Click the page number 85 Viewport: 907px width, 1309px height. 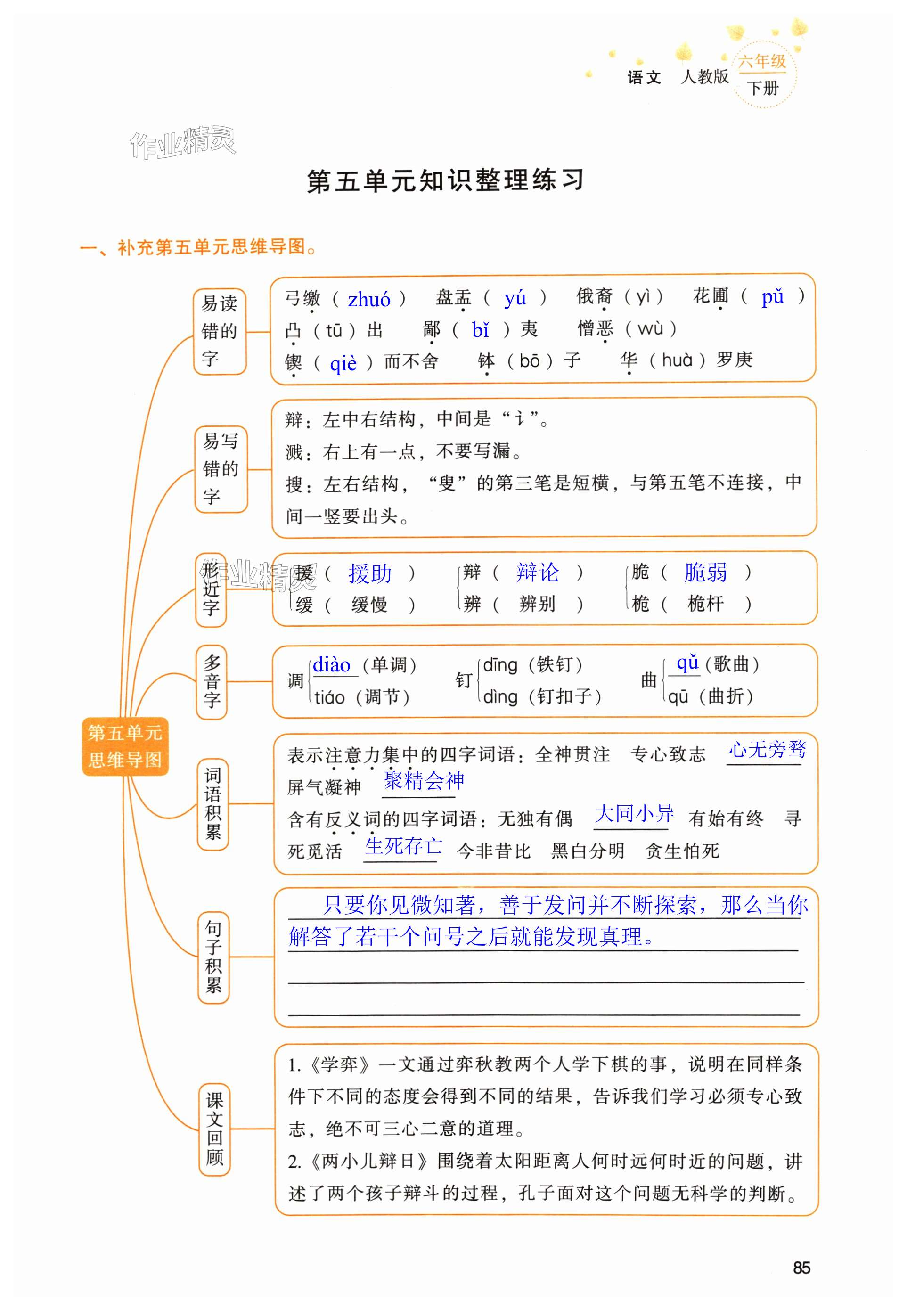pos(801,1268)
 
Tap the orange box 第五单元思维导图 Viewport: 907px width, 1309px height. pos(125,746)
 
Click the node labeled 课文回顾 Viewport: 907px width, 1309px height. pos(214,1129)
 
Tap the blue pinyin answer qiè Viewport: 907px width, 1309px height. pos(343,363)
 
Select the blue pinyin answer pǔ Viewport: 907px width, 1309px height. pos(772,297)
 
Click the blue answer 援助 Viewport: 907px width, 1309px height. pos(370,573)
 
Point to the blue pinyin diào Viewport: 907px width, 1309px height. pos(332,664)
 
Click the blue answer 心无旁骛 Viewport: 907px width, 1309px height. pos(767,750)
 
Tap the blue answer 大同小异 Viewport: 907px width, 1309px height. pos(634,814)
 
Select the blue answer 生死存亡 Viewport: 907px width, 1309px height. pos(403,846)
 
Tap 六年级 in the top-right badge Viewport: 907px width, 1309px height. pos(762,61)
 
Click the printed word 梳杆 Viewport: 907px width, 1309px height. pos(705,604)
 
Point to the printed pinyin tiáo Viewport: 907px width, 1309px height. pos(330,697)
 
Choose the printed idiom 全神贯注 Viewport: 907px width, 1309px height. pos(572,755)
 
